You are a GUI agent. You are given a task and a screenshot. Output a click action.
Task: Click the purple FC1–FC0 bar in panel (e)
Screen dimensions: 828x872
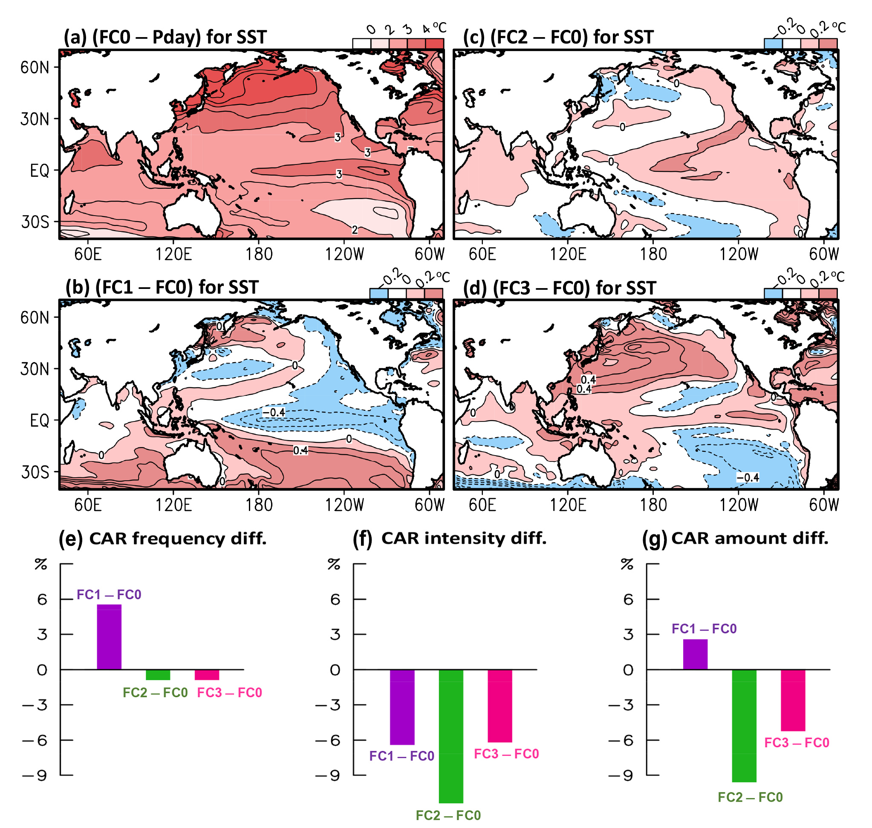click(109, 637)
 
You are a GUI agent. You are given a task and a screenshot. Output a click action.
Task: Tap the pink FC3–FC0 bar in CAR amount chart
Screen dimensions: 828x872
click(793, 700)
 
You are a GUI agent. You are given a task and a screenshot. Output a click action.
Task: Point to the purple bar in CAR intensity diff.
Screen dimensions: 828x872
click(402, 707)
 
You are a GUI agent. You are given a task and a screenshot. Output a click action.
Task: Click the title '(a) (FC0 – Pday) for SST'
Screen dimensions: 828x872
click(165, 37)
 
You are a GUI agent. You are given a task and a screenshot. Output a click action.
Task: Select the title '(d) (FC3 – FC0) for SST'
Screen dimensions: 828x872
click(560, 288)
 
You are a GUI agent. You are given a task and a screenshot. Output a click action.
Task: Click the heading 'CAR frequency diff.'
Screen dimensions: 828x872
click(177, 539)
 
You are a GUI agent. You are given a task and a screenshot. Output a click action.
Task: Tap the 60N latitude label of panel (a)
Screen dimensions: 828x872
click(35, 67)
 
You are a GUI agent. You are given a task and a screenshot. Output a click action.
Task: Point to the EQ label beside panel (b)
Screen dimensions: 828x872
click(39, 420)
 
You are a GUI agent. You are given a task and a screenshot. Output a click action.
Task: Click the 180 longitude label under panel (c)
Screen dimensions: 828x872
click(653, 254)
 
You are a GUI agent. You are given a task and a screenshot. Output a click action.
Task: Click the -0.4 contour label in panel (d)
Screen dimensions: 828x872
click(748, 478)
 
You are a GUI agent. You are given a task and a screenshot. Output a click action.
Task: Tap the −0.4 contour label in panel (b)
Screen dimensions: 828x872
click(274, 412)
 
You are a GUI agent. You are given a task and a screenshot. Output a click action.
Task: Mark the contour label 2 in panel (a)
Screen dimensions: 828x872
click(354, 230)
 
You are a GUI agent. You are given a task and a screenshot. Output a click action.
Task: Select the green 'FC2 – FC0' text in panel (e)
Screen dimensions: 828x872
click(155, 692)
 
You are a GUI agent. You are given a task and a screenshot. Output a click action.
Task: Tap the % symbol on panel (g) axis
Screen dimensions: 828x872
click(627, 564)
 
